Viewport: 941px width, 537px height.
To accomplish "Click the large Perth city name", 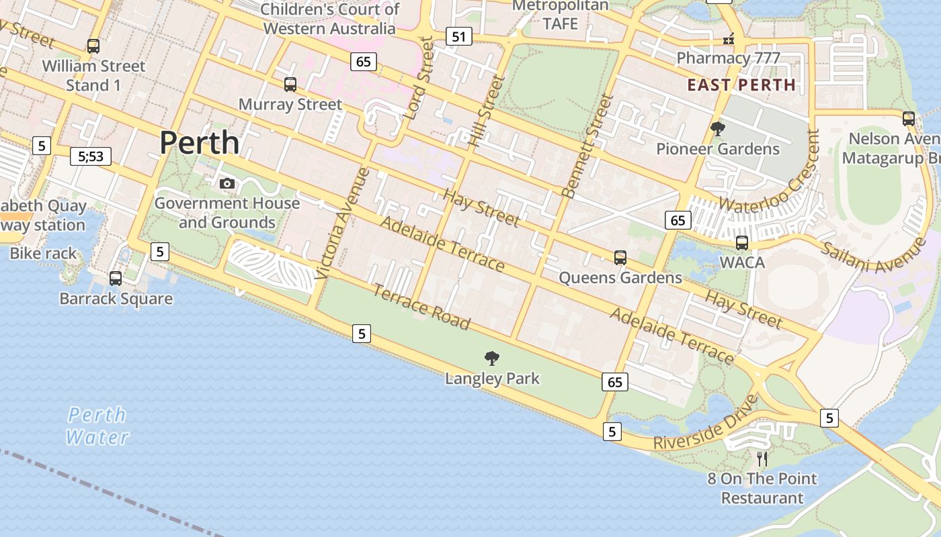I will pos(200,143).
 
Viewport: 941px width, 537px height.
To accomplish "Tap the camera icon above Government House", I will pos(227,183).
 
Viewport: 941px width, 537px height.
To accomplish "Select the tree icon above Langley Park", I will pos(492,358).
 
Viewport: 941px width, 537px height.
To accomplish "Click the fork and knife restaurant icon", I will pos(762,458).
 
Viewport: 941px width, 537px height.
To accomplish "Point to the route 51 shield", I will pos(459,36).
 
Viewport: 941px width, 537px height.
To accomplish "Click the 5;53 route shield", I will pos(91,156).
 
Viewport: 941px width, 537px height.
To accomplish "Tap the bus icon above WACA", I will pos(742,243).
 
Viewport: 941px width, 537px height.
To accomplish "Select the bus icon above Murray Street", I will pos(290,85).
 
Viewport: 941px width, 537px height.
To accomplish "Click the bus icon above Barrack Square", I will pos(116,279).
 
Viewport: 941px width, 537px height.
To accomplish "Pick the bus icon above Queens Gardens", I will pos(620,258).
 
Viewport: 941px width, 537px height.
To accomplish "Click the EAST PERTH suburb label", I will pos(741,85).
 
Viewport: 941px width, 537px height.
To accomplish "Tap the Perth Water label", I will pos(97,426).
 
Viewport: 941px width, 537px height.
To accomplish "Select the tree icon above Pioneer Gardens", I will pos(718,129).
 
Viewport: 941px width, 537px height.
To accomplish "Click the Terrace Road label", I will pos(421,307).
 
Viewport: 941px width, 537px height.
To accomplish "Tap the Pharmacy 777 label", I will pos(728,58).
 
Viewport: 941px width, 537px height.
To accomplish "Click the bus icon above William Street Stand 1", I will pos(93,46).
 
